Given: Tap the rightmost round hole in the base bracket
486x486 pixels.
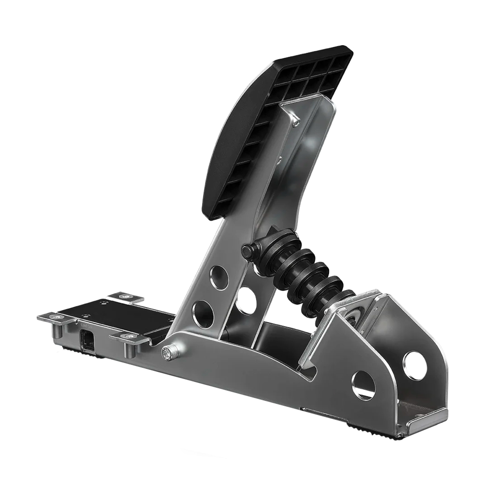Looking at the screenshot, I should [415, 366].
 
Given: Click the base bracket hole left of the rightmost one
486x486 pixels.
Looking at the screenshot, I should [363, 385].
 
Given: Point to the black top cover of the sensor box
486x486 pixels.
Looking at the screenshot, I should [114, 313].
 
